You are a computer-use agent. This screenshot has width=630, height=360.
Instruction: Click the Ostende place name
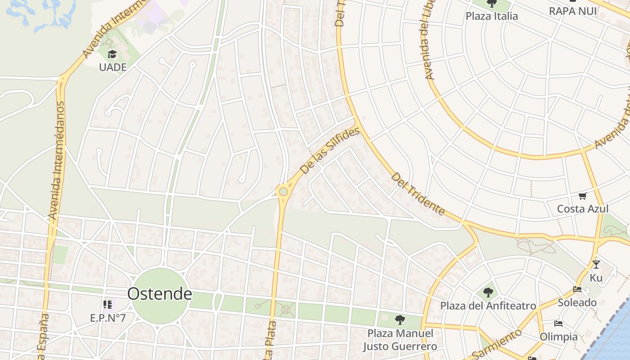(159, 294)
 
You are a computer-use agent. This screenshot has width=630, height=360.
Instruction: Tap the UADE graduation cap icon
(112, 54)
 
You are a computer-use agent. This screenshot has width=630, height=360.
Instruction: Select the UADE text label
(112, 67)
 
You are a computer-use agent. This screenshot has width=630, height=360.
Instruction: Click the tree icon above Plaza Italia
(492, 4)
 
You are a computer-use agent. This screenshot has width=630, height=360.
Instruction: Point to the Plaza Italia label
(491, 16)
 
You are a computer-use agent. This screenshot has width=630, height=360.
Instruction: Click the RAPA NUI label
(572, 11)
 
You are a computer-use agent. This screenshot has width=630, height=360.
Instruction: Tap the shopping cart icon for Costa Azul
(583, 196)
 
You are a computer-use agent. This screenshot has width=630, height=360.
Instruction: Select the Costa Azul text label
(582, 209)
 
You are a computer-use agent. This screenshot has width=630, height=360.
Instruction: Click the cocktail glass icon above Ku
(596, 265)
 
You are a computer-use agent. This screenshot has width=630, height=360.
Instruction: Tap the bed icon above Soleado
(577, 289)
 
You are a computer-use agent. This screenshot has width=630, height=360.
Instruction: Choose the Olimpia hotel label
(558, 337)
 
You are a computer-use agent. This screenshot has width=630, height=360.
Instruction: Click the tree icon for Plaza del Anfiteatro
(488, 293)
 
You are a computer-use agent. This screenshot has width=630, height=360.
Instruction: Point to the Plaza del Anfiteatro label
(488, 306)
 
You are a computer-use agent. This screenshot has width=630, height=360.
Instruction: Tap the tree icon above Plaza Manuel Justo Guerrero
(400, 320)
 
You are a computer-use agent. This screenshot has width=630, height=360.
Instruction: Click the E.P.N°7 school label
(108, 318)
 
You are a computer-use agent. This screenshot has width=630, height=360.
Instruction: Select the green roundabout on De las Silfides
(283, 192)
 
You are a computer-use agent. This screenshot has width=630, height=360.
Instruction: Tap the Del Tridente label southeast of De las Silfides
(418, 193)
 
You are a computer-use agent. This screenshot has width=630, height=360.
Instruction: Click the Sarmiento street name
(497, 344)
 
